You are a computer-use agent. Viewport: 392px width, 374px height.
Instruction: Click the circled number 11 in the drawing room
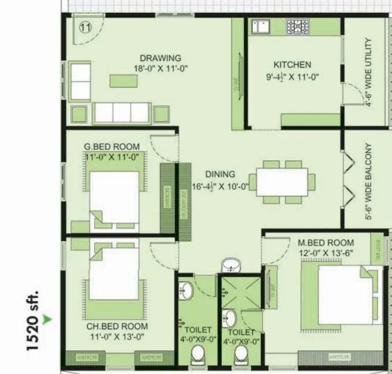click(85, 27)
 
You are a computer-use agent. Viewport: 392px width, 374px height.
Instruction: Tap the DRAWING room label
click(160, 58)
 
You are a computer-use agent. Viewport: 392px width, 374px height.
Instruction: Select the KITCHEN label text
click(292, 65)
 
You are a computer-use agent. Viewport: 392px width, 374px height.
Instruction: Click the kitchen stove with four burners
click(298, 26)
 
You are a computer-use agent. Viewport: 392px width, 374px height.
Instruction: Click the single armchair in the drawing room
click(79, 81)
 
